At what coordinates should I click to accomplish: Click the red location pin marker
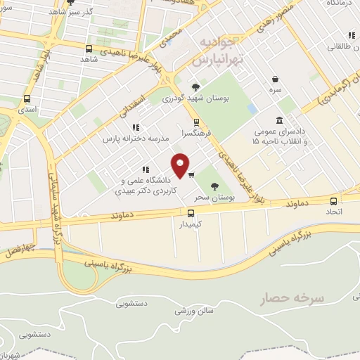point(181,165)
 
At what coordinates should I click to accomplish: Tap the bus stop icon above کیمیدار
point(191,212)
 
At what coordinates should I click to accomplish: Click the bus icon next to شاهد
point(89,49)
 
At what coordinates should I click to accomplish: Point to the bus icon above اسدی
point(27,99)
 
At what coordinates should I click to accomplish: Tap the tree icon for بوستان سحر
point(214,186)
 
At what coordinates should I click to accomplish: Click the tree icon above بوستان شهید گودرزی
point(195,86)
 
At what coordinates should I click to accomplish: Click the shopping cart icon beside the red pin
point(191,174)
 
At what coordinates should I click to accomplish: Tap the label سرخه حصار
point(300,298)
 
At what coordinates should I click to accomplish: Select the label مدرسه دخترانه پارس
point(136,139)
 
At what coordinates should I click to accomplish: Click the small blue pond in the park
point(252,110)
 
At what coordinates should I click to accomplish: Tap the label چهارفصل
point(15,249)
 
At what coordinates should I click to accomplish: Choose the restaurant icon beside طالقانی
point(350,35)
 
